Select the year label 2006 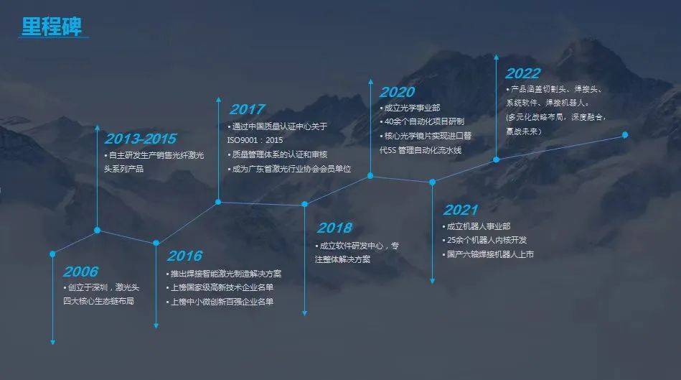[x=81, y=272]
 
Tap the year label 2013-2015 [x=140, y=139]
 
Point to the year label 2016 [x=184, y=256]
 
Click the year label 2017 [x=247, y=109]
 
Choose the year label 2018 [x=334, y=228]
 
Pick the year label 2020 [x=397, y=92]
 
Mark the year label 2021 [x=461, y=210]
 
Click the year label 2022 [x=523, y=73]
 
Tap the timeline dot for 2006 [x=52, y=254]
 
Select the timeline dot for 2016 [x=156, y=243]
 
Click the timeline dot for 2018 [x=304, y=204]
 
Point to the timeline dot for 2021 [x=432, y=182]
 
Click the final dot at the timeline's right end [x=625, y=135]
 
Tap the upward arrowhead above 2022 [x=496, y=57]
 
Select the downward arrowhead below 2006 [x=52, y=343]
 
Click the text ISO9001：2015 [x=255, y=141]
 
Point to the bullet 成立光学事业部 [x=410, y=108]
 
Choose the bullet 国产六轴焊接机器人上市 [x=488, y=254]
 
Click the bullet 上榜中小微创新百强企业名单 [x=220, y=302]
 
